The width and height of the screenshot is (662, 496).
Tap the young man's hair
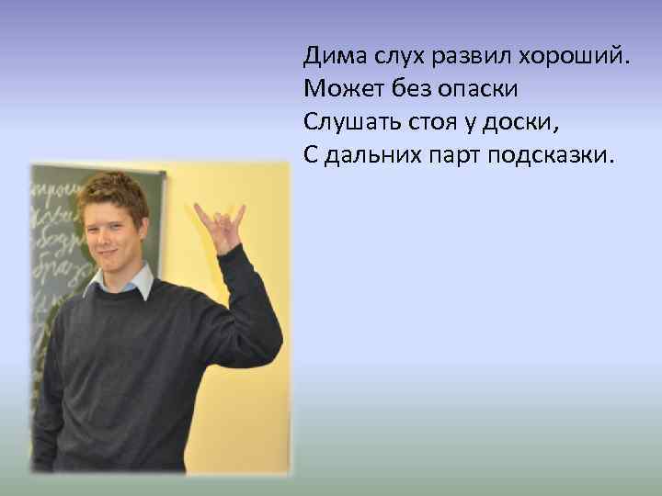(x=112, y=193)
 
